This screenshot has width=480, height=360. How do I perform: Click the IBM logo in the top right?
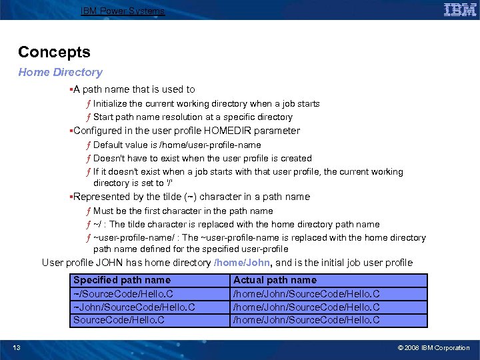pyautogui.click(x=459, y=10)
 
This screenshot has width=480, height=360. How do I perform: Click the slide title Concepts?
pyautogui.click(x=54, y=52)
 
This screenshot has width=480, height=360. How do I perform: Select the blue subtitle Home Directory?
pyautogui.click(x=60, y=72)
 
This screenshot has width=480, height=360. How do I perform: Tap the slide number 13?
pyautogui.click(x=16, y=347)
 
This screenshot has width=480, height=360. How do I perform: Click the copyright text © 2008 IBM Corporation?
pyautogui.click(x=433, y=347)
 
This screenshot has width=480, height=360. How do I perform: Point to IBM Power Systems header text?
pyautogui.click(x=122, y=11)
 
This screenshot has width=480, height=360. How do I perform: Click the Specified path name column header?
pyautogui.click(x=121, y=281)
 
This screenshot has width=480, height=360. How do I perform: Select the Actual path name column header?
pyautogui.click(x=275, y=281)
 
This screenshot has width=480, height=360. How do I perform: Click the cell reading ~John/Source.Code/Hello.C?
pyautogui.click(x=133, y=307)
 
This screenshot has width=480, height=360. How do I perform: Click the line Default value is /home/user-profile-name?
pyautogui.click(x=177, y=145)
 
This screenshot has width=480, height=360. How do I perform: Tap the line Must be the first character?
pyautogui.click(x=183, y=211)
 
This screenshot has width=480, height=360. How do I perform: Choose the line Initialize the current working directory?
pyautogui.click(x=206, y=103)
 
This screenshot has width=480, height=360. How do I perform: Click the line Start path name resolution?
pyautogui.click(x=193, y=117)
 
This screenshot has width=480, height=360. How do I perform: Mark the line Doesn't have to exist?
pyautogui.click(x=202, y=158)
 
